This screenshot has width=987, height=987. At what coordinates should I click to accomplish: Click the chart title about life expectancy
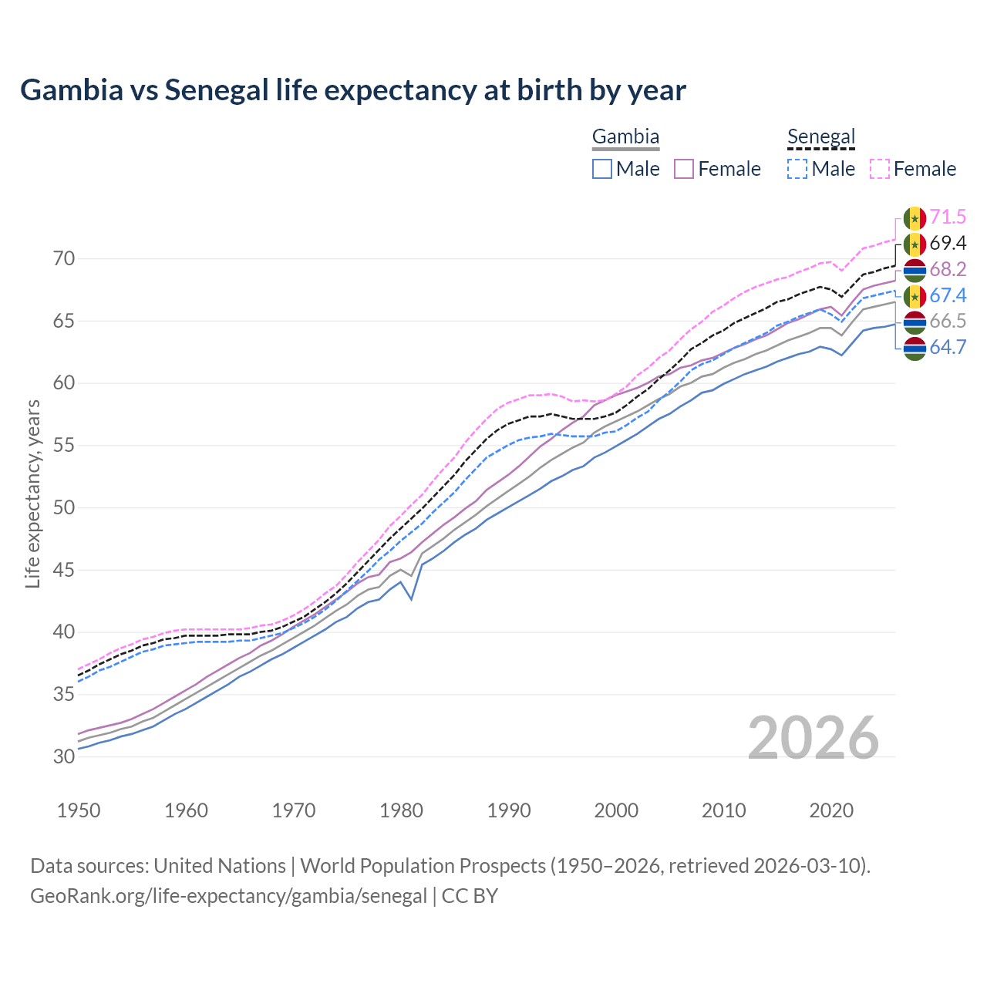click(353, 90)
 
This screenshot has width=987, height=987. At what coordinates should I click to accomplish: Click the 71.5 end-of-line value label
click(948, 217)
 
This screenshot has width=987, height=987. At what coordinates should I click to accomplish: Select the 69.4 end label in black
click(948, 244)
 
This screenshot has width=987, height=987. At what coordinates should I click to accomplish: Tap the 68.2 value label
click(948, 270)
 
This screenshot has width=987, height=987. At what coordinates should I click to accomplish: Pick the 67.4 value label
click(948, 296)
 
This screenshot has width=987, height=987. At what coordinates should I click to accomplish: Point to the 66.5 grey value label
click(948, 322)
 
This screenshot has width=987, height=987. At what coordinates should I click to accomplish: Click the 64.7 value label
click(948, 348)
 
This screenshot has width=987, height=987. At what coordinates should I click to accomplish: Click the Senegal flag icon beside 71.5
click(915, 218)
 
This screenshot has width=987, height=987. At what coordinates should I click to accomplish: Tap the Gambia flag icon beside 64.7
click(915, 349)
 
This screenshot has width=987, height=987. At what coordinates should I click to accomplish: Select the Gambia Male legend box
click(602, 169)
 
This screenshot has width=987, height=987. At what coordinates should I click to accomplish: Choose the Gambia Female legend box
click(684, 169)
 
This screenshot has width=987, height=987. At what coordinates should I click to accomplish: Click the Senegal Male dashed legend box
click(797, 169)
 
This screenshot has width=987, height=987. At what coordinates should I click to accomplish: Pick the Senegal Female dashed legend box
click(880, 169)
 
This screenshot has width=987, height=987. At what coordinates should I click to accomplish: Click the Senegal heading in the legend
click(821, 137)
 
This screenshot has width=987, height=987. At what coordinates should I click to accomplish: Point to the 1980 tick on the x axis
click(402, 810)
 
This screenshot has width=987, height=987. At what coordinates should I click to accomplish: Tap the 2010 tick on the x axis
click(723, 810)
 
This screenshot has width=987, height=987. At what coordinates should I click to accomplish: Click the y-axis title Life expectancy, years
click(33, 493)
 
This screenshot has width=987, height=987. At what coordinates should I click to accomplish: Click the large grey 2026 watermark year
click(814, 738)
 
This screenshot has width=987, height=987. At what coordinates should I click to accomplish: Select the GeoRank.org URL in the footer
click(228, 896)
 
